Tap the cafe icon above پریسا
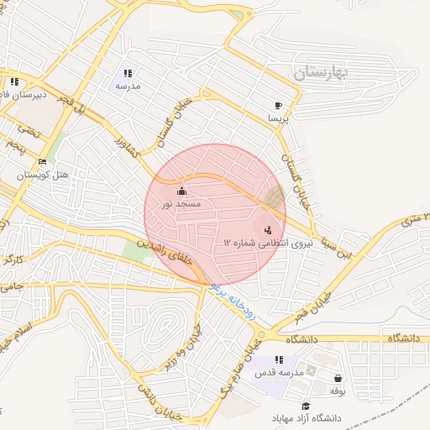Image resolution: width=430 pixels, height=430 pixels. click(x=278, y=106)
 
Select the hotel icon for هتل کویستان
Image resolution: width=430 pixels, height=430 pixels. click(x=43, y=162)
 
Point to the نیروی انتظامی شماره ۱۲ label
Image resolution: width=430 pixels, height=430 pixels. click(x=255, y=242)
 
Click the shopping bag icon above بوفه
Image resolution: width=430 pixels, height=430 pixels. click(x=338, y=379)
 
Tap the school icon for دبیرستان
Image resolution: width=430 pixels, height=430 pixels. click(x=14, y=82)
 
